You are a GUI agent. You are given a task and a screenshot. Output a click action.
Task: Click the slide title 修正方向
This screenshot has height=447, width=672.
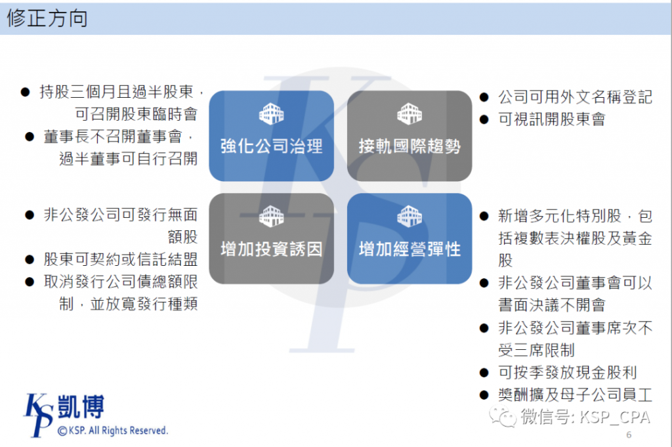(x=47, y=18)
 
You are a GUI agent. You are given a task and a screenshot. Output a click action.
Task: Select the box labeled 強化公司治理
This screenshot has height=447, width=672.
(x=271, y=136)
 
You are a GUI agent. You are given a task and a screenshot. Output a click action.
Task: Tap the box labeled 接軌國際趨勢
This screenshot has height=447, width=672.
(x=409, y=136)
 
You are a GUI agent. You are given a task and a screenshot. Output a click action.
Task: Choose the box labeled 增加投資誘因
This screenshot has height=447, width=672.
(x=271, y=238)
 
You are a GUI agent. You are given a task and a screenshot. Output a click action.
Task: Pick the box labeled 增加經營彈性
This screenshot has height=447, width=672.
(x=409, y=238)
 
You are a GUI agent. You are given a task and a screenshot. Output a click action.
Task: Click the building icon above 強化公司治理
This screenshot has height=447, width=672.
(x=271, y=114)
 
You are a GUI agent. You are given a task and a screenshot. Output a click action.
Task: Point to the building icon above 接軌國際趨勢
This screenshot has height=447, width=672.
(x=409, y=114)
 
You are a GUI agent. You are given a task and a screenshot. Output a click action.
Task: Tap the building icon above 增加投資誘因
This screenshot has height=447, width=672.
(x=271, y=216)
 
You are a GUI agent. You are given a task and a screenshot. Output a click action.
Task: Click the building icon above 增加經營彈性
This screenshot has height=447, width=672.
(x=409, y=216)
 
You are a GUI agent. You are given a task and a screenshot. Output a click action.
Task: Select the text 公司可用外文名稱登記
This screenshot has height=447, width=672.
(x=575, y=97)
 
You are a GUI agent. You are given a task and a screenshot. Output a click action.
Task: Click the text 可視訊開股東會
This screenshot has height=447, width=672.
(x=551, y=119)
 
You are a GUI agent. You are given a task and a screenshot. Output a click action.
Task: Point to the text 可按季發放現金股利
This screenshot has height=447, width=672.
(x=568, y=372)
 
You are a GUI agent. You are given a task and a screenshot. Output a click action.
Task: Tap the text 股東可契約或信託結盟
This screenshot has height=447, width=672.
(x=121, y=259)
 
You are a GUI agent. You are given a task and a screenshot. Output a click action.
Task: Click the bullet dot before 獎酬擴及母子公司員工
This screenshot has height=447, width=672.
(x=484, y=395)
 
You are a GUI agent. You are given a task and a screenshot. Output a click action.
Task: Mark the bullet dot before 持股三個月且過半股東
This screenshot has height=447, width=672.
(x=26, y=92)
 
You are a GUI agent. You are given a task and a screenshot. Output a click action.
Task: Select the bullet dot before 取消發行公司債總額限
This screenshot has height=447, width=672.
(x=30, y=282)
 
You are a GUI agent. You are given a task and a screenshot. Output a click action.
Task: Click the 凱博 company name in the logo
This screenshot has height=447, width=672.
(x=81, y=407)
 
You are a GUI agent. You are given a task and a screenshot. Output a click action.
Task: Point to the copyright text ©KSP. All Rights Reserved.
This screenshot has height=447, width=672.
(x=113, y=431)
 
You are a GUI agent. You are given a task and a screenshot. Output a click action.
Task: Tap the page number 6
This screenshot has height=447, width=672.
(x=629, y=435)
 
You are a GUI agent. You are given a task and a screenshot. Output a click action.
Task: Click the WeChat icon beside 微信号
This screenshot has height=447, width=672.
(x=503, y=416)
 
